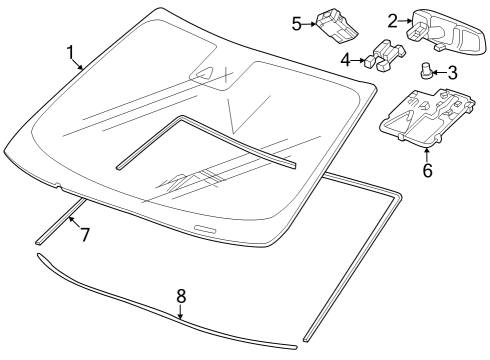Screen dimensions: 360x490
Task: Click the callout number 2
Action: point(392,19)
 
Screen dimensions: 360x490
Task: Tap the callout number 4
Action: point(346,61)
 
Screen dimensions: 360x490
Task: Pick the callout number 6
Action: point(427,170)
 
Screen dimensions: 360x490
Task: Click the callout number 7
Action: point(85,235)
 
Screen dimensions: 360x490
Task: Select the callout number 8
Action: point(181,296)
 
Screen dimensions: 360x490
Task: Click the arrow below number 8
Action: point(181,312)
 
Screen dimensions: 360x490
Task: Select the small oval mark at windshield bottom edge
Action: point(205,231)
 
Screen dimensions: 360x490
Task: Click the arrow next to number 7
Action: point(73,222)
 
